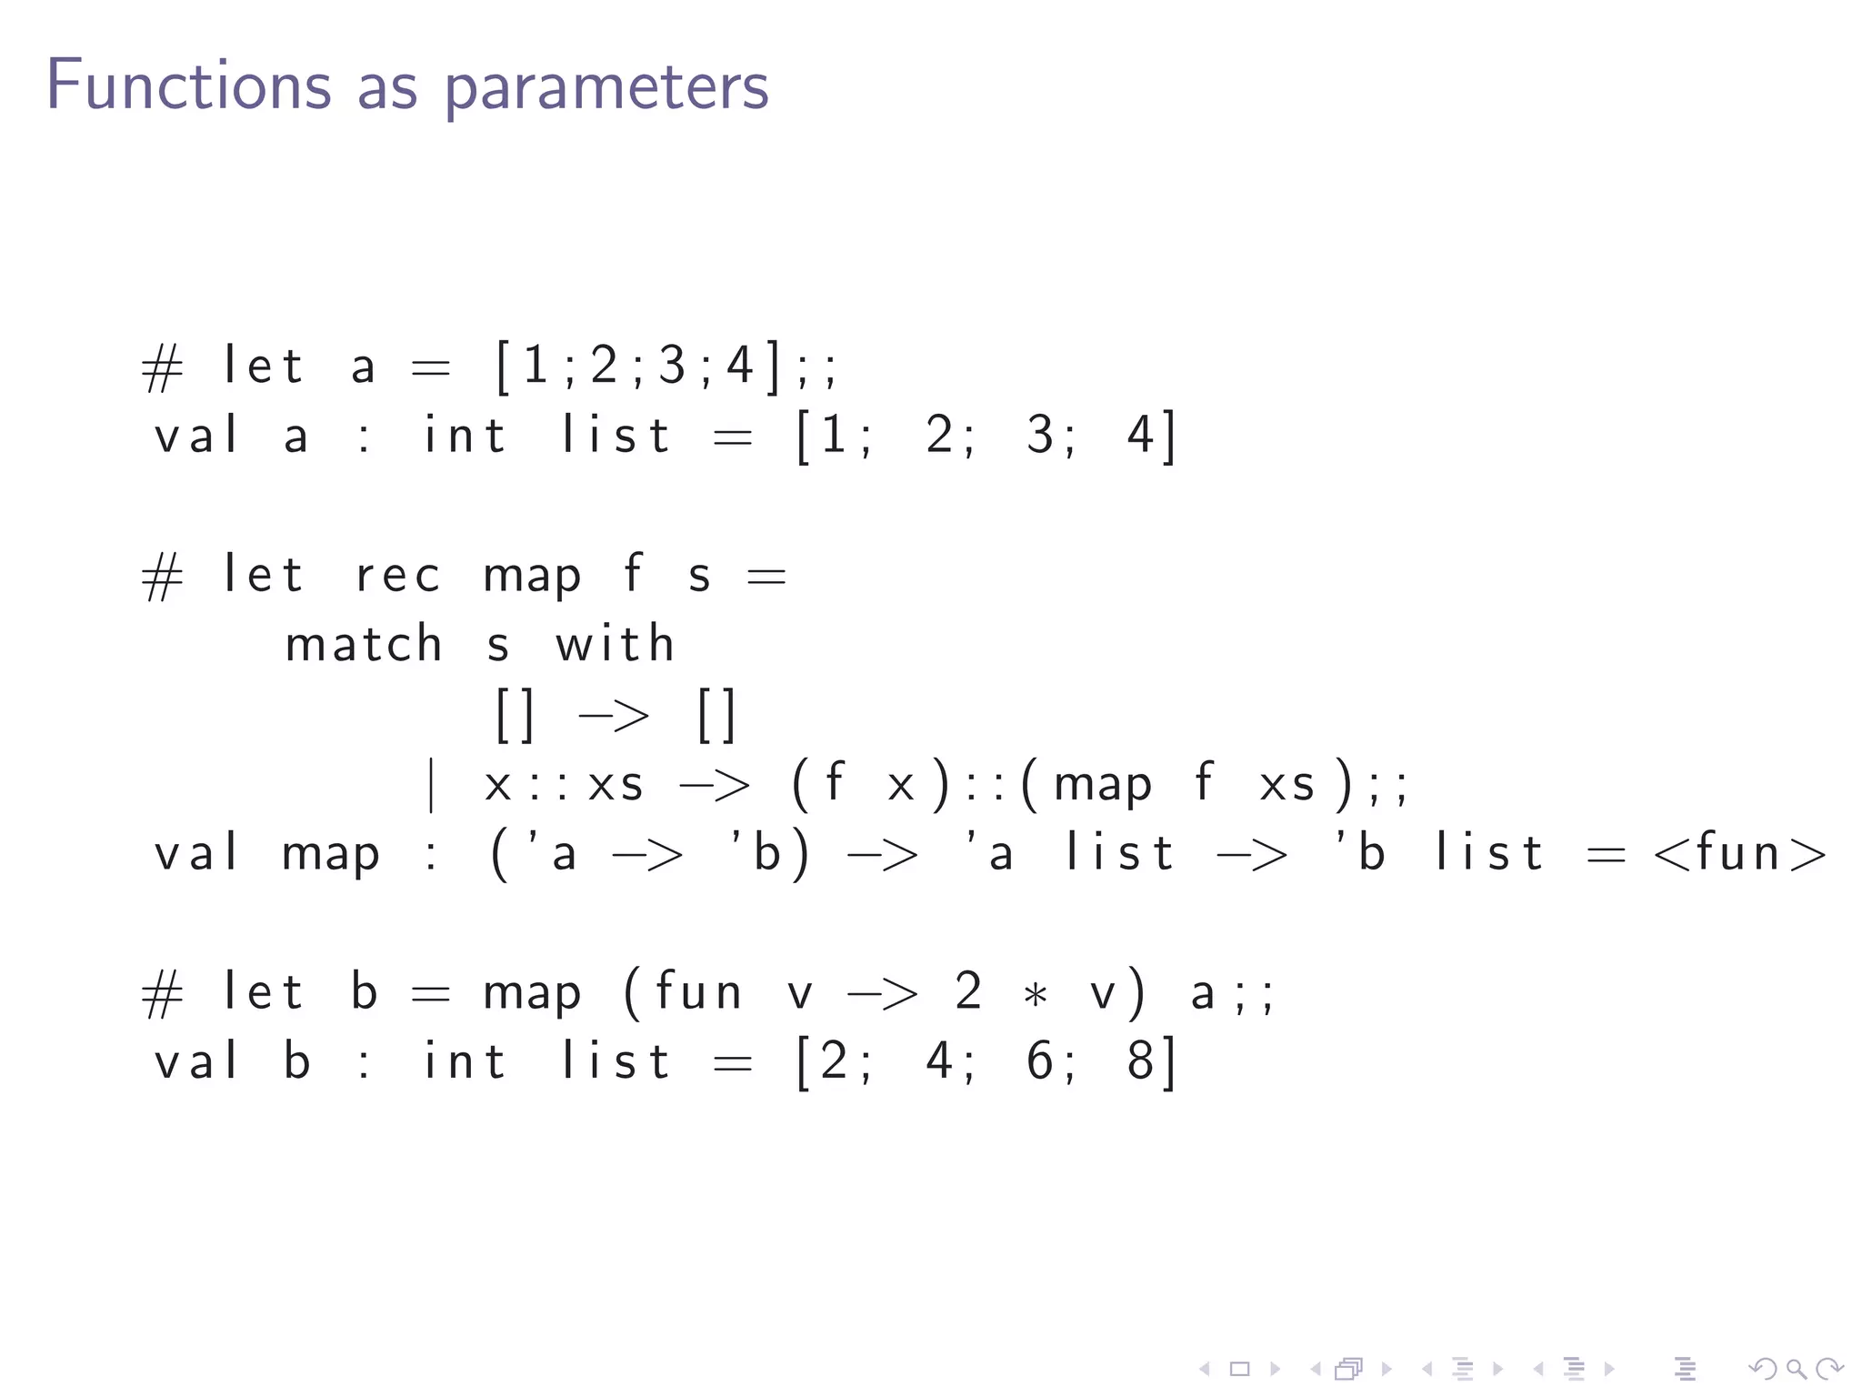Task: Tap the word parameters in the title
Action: pos(606,88)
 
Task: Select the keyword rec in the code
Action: pos(398,576)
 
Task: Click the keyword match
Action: pos(364,644)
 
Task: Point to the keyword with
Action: pos(616,644)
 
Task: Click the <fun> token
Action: pos(1739,853)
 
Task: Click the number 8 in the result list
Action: pos(1140,1061)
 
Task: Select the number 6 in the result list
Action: pos(1040,1061)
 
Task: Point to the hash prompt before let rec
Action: pos(163,578)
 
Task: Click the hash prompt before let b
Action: pos(163,994)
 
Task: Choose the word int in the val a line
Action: pos(465,435)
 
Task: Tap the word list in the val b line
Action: pos(616,1061)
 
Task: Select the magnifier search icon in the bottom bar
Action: pos(1796,1368)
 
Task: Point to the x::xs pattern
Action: pos(564,785)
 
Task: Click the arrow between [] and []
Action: pos(614,716)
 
